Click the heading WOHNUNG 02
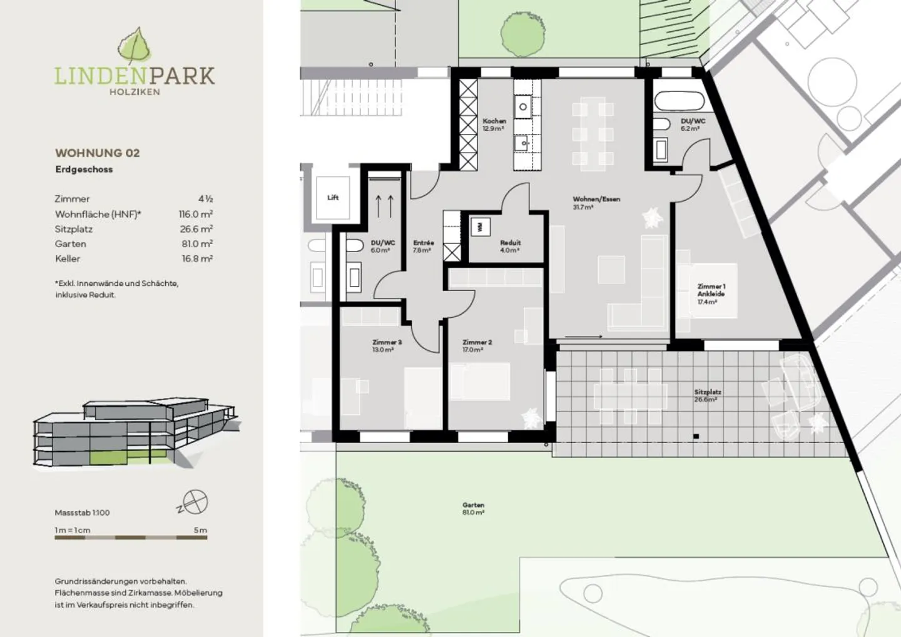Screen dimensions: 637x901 [97, 153]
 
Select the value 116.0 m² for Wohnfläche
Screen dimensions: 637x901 [195, 214]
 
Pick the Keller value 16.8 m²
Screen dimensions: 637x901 [196, 258]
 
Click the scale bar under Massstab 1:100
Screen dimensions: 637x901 [131, 537]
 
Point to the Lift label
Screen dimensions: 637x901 [333, 198]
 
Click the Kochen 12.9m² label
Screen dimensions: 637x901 [494, 125]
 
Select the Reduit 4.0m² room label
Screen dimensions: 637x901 [510, 246]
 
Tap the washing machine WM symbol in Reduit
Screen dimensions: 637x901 [481, 227]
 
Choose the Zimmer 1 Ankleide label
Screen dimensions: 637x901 [711, 293]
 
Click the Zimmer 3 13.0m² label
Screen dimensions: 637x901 [386, 346]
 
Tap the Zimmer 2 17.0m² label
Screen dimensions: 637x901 [477, 346]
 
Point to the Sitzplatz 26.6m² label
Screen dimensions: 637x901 [707, 395]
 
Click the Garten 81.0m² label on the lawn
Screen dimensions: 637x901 [474, 508]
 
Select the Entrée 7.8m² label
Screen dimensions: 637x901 [423, 246]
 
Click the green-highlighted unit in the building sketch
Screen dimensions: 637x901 [129, 457]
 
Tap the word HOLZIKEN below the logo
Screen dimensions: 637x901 [135, 92]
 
